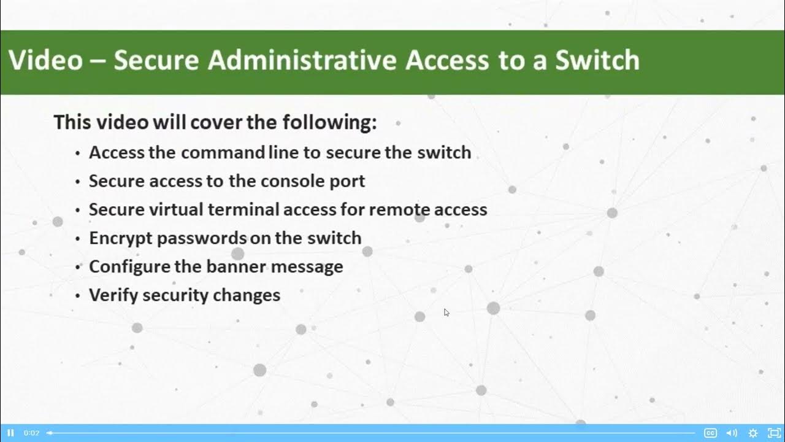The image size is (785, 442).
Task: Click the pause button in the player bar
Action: tap(10, 433)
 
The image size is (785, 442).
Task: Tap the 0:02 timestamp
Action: tap(31, 433)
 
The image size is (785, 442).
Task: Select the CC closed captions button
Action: tap(710, 433)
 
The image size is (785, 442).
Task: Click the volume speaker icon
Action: tap(732, 433)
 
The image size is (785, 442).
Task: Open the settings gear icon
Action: tap(753, 433)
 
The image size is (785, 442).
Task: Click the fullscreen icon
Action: tap(774, 433)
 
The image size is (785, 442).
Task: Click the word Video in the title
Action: tap(45, 60)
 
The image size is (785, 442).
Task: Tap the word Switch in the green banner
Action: tap(597, 60)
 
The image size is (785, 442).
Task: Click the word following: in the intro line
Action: tap(329, 122)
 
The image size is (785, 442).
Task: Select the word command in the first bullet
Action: tap(223, 152)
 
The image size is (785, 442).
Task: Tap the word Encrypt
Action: tap(120, 238)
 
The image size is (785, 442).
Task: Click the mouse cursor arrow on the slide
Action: tap(446, 312)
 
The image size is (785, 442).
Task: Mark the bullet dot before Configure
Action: tap(77, 268)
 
